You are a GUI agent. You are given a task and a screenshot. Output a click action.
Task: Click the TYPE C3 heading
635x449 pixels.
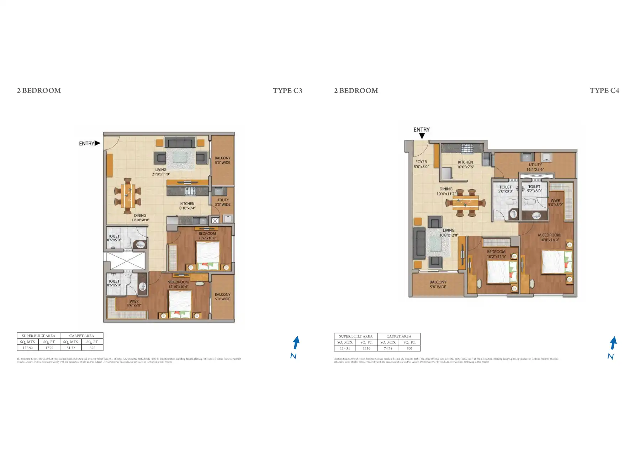287,91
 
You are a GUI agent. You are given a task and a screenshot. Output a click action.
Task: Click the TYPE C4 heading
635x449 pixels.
604,91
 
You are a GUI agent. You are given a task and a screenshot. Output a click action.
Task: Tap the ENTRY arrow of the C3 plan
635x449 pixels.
97,143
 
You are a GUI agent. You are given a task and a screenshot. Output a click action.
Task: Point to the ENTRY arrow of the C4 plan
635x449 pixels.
422,136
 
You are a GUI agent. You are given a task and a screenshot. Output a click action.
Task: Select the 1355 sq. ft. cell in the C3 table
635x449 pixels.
49,348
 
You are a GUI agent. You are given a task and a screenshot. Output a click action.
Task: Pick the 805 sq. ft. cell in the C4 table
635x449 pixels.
409,349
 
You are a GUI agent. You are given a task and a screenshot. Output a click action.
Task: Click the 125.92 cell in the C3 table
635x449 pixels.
27,348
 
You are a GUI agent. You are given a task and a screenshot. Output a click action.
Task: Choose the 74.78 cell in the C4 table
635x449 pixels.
388,349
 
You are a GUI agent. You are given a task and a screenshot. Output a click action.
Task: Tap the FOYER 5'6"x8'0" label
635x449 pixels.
421,164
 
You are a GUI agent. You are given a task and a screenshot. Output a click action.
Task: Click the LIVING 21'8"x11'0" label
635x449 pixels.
161,172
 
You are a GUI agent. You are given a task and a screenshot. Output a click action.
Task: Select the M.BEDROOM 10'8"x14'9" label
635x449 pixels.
549,237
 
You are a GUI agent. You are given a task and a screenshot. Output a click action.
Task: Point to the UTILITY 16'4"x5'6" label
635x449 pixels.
535,167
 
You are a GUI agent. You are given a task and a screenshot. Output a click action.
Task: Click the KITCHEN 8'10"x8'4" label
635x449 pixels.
187,206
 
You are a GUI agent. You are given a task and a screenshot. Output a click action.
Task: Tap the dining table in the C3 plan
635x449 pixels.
128,196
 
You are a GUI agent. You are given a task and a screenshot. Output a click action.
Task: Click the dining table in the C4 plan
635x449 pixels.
465,203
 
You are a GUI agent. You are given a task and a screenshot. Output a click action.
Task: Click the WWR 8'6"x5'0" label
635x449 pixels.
134,303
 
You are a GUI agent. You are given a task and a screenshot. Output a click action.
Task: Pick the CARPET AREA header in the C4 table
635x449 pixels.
398,336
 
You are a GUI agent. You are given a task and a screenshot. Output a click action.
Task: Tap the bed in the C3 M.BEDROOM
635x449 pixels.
180,303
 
